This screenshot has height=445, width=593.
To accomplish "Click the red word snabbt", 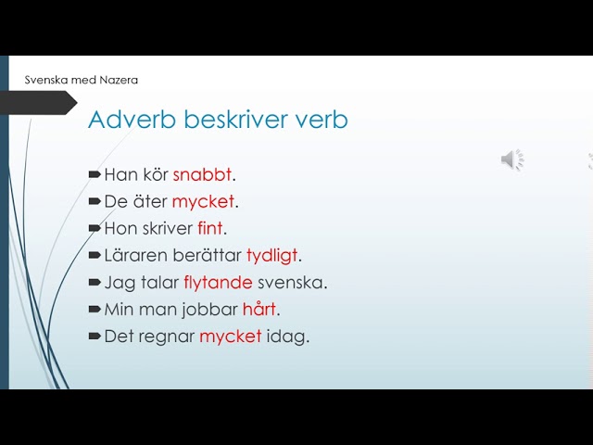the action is [202, 175].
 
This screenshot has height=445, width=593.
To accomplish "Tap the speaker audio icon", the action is [512, 159].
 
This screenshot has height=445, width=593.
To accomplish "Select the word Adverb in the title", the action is [132, 120].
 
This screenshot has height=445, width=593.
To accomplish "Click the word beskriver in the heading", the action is [236, 120].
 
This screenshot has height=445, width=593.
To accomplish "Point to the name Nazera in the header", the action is [119, 80].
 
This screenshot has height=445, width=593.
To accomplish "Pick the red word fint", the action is [210, 229].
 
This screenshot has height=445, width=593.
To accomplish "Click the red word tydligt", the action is [271, 256].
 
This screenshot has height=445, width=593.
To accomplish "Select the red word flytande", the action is [218, 283].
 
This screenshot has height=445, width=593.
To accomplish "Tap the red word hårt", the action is [259, 309].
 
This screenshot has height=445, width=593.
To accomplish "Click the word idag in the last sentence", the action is [286, 337].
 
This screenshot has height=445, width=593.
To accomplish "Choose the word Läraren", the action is [136, 256].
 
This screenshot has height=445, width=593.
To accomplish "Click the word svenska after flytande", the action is [290, 283].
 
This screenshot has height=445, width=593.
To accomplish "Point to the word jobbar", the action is [209, 310].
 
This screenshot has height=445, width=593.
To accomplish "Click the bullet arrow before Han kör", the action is [95, 174].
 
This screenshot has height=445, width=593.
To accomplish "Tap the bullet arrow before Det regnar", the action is [95, 336].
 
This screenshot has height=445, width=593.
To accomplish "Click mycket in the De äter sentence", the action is [203, 202].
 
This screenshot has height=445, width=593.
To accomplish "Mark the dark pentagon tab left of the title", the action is [39, 103].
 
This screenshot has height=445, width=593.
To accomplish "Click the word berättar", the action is [207, 256].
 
